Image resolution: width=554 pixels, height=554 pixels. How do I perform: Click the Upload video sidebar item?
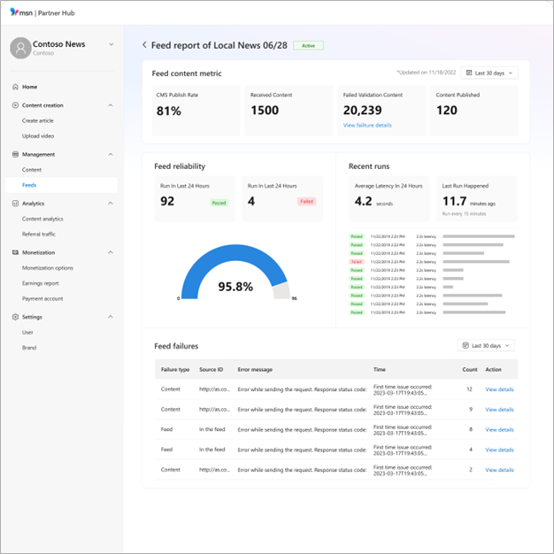pos(38,135)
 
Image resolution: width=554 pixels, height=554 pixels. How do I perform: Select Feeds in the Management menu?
pos(30,185)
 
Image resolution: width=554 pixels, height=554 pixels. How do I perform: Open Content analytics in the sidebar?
pos(42,219)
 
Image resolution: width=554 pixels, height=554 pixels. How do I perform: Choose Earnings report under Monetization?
pos(41,283)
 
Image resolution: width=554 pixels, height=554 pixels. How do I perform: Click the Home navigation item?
pos(29,87)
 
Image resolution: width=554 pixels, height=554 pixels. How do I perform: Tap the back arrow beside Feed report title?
pos(145,44)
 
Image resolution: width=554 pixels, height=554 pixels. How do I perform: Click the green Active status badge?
pos(308,45)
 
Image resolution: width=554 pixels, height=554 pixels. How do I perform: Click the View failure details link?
pos(367,126)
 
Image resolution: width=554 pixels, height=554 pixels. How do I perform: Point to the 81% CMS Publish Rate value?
pos(169,111)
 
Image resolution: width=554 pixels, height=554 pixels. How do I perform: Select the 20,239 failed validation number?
pos(362,111)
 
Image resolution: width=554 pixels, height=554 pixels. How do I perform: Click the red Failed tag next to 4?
pos(306,202)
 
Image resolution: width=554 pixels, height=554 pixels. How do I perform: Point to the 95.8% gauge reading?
pos(235,287)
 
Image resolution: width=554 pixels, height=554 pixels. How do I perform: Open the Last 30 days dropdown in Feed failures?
pos(485,345)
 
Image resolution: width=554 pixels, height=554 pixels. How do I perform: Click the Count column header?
pos(469,369)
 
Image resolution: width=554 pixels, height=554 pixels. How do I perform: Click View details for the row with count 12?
pos(499,389)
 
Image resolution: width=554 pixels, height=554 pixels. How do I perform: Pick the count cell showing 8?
pos(470,429)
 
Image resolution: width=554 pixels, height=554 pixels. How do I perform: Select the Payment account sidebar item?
pos(42,298)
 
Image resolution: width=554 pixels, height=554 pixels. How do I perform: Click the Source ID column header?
pos(212,369)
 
